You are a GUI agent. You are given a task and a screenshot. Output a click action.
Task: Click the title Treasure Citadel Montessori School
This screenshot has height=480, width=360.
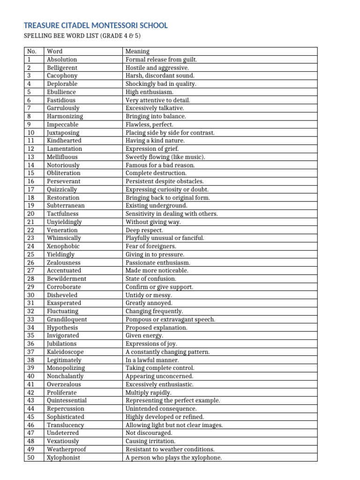pos(95,25)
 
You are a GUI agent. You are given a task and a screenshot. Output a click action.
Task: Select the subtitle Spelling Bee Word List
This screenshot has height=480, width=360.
pos(88,37)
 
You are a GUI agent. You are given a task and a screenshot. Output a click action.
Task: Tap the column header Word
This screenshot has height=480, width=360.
pos(54,51)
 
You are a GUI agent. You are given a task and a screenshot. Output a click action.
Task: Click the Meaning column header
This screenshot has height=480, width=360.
pos(137,51)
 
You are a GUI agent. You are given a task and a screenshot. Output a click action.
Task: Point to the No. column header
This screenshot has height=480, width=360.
pos(32,51)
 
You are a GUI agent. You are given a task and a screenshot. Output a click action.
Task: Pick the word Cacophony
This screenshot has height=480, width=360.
pos(62,75)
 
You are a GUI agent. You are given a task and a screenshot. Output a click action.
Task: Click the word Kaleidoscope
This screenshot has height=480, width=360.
pos(65,352)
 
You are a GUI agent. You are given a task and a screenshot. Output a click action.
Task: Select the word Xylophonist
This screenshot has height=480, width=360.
pos(63,457)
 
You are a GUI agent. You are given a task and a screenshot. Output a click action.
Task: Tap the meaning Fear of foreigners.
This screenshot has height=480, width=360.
pos(150,246)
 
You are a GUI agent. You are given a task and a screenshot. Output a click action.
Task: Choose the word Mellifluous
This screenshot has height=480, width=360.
pos(62,157)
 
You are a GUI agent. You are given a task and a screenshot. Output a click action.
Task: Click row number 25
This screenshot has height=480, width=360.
pos(31,254)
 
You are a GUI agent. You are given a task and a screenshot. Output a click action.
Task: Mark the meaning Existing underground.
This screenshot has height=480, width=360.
pos(156,205)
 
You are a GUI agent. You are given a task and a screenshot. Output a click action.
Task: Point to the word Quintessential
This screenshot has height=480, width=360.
pos(67,400)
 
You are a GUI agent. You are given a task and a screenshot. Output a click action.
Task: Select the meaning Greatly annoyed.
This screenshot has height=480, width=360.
pos(149,303)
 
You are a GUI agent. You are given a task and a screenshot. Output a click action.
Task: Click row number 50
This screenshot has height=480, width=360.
pos(31,457)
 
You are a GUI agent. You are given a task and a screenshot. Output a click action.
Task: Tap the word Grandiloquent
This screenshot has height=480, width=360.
pos(67,319)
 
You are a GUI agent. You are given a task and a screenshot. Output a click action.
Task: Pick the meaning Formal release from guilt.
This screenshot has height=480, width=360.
pos(161,60)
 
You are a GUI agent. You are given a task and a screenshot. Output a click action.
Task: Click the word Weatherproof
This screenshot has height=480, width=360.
pos(66,449)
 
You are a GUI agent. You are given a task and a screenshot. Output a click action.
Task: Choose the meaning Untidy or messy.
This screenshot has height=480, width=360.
pos(149,295)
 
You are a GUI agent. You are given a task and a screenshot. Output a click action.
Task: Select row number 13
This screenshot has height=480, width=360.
pos(31,157)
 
